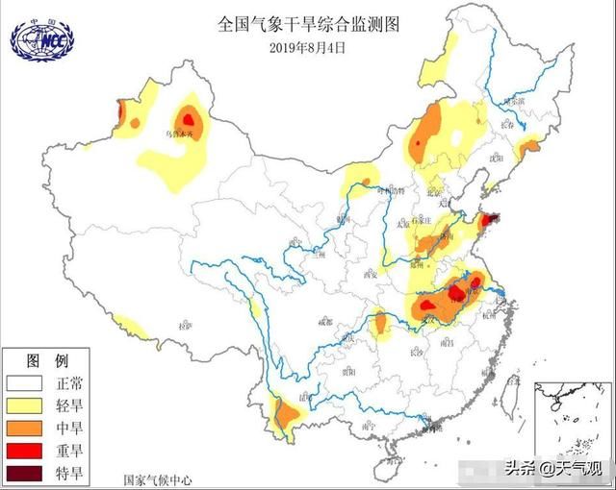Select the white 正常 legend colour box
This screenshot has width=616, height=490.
(x=22, y=382)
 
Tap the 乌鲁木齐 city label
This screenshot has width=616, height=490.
(x=183, y=135)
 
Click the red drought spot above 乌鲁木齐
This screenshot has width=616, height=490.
(x=191, y=118)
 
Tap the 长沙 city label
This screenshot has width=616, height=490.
(x=415, y=353)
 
